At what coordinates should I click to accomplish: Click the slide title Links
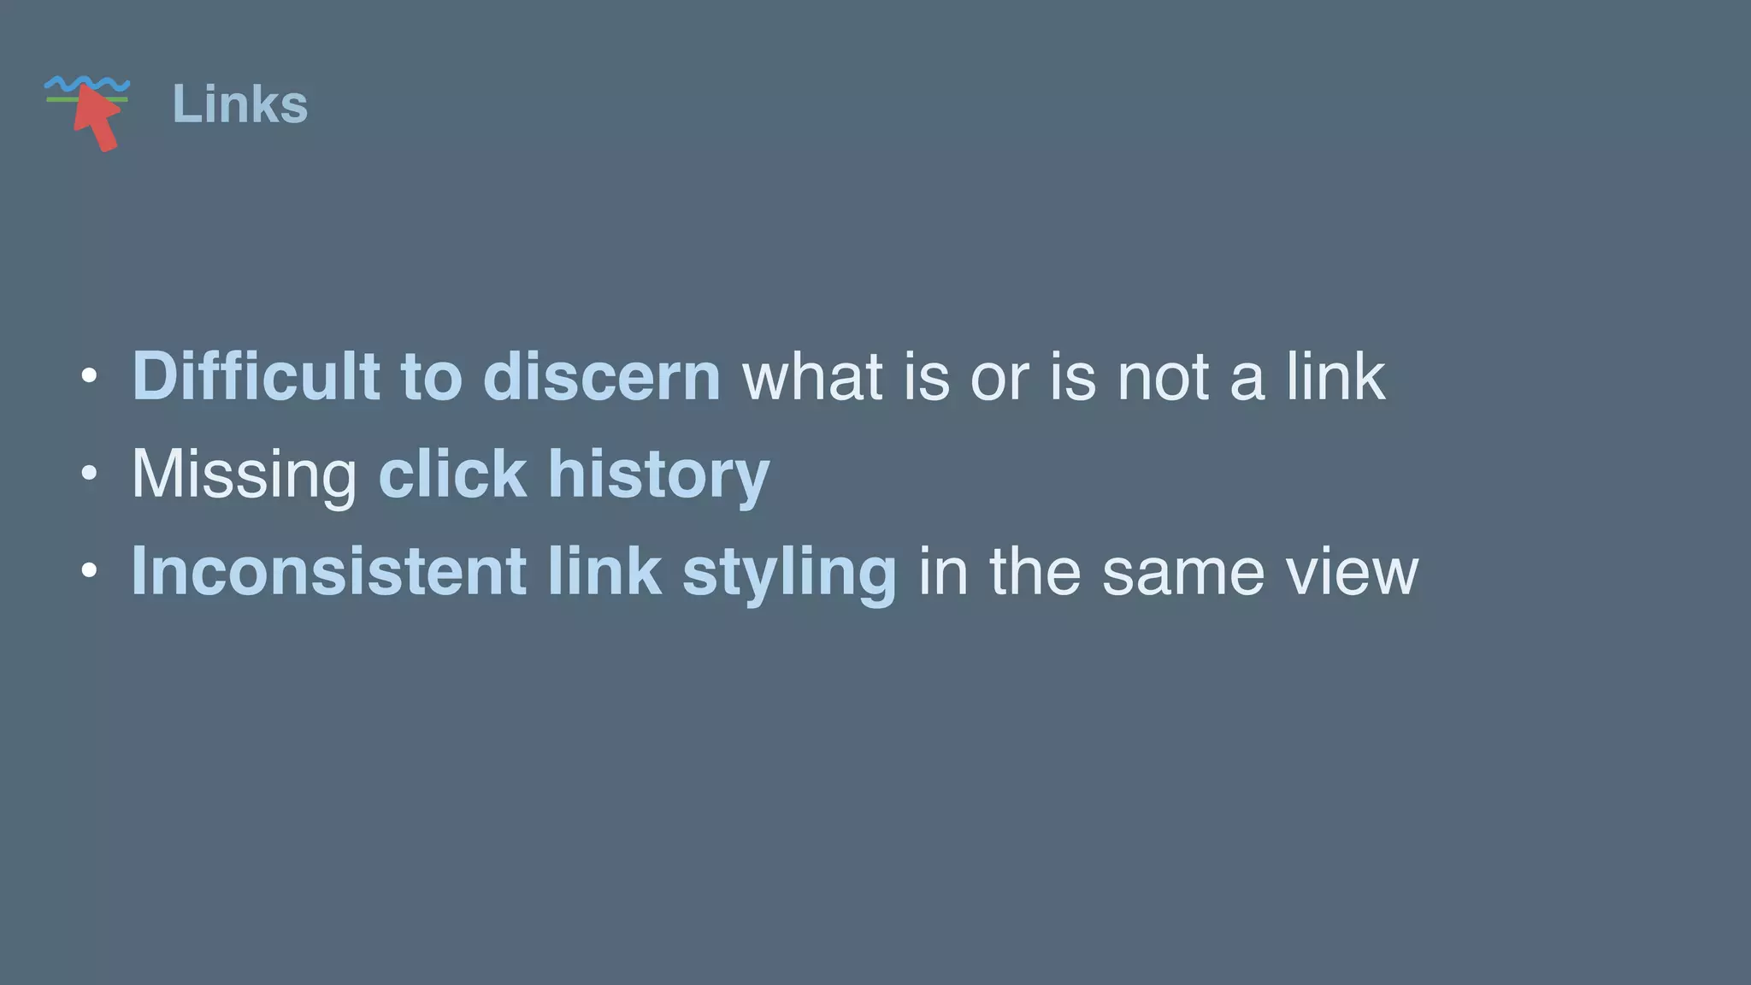pos(239,104)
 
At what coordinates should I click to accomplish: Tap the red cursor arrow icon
pos(97,119)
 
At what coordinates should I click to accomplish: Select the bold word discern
pos(602,376)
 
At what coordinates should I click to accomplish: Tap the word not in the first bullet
pos(1163,376)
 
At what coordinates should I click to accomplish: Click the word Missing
pos(244,475)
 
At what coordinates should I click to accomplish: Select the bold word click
pos(452,474)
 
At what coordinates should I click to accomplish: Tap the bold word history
pos(658,475)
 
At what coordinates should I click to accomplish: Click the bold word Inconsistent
pos(328,571)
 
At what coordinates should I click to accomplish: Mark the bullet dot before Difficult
pos(89,376)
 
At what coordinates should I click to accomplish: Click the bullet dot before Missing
pos(89,474)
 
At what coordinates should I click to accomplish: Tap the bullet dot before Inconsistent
pos(89,570)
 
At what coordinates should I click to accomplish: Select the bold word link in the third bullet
pos(604,571)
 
